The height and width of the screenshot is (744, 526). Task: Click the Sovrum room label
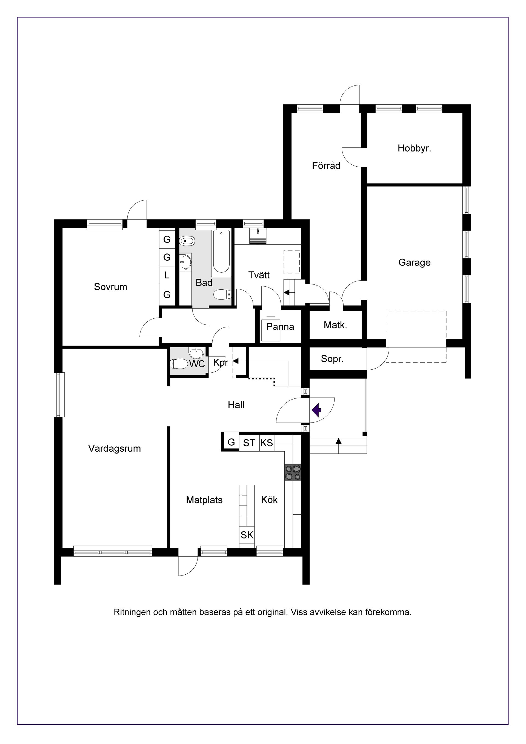110,287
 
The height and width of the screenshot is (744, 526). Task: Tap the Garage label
414,262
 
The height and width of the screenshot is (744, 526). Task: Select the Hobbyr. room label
414,149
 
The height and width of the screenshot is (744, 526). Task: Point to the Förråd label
326,166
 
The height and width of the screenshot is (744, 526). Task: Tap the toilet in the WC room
179,364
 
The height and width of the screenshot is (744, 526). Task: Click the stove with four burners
293,472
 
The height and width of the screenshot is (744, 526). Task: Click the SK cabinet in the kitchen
247,535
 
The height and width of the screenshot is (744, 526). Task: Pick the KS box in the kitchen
267,443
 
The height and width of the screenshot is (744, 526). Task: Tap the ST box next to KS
249,443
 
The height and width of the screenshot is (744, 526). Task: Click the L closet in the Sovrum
167,275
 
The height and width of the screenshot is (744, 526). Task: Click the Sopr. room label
332,359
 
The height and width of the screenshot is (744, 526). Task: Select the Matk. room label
335,325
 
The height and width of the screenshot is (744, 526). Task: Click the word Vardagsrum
114,449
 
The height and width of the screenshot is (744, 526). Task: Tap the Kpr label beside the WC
221,363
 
